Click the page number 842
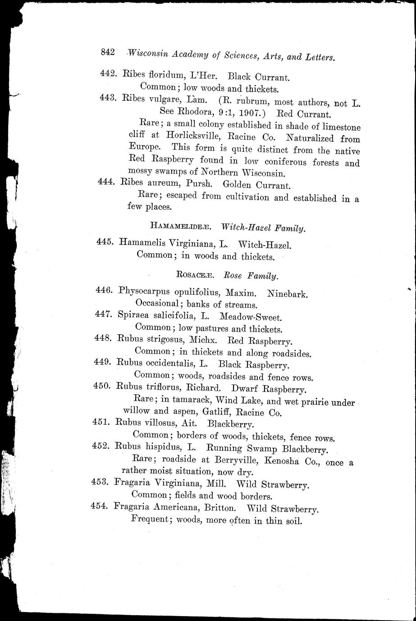109,52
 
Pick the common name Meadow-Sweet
249,317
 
